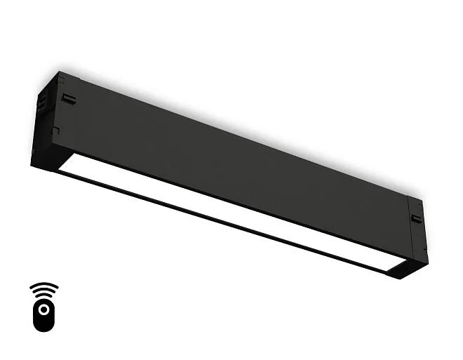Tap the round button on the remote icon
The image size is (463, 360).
(43, 309)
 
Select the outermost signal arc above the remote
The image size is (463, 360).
(43, 285)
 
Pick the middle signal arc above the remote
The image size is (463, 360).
(43, 291)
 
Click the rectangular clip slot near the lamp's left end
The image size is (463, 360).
(68, 98)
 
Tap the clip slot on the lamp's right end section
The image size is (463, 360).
(417, 219)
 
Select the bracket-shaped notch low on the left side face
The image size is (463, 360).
(55, 131)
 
